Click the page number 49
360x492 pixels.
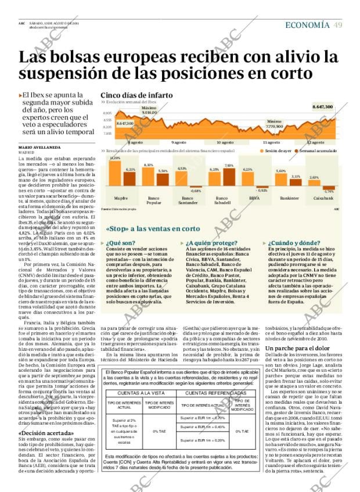(338, 25)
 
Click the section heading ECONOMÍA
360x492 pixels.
(307, 25)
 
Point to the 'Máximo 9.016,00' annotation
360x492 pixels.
(149, 110)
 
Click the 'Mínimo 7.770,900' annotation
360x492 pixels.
(275, 124)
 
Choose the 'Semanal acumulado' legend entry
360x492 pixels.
(317, 151)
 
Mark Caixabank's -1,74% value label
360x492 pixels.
(329, 191)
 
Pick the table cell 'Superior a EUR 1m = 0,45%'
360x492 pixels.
(202, 427)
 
